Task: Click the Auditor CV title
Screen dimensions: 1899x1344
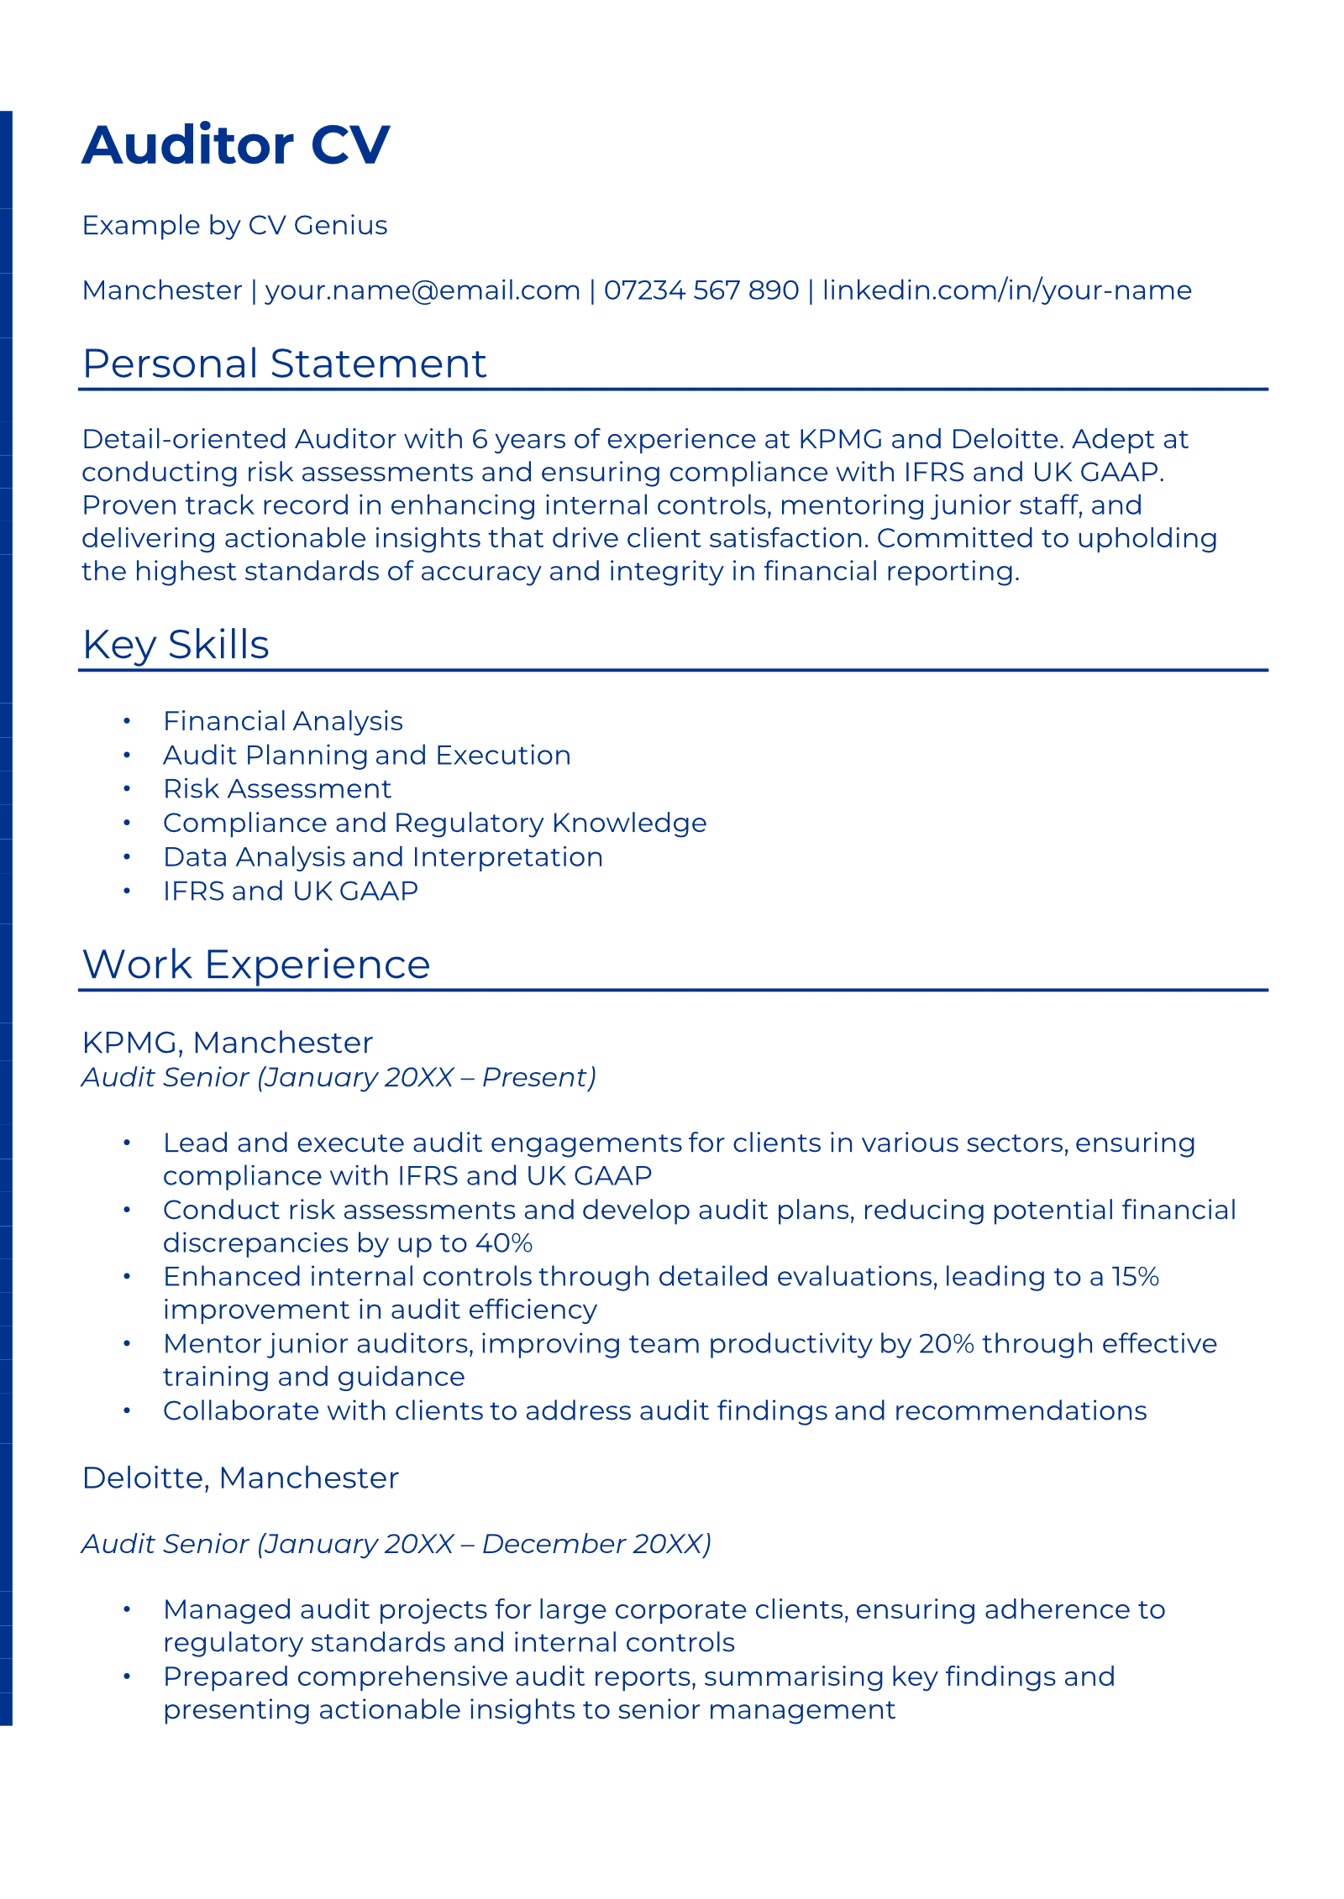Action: click(x=235, y=145)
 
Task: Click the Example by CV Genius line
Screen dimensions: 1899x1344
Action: click(x=234, y=226)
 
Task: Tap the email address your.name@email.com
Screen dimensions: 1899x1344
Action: click(x=423, y=290)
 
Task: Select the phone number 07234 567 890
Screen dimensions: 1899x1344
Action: click(x=701, y=290)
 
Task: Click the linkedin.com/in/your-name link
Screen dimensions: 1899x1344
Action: click(x=1006, y=290)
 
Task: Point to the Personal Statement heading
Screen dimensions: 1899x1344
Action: click(x=284, y=364)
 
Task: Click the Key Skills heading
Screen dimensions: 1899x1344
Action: click(x=176, y=645)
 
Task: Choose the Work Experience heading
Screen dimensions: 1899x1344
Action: click(x=256, y=965)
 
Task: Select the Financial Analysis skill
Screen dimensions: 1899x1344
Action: click(x=283, y=721)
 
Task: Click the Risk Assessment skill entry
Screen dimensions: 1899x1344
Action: click(x=277, y=789)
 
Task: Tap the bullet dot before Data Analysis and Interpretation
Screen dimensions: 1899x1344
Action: click(x=127, y=857)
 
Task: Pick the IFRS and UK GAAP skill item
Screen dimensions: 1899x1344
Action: click(x=291, y=892)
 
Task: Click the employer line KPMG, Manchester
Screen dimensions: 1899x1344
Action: click(x=228, y=1043)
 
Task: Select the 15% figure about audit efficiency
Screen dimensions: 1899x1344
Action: click(x=1135, y=1277)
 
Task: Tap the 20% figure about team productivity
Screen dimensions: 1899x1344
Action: click(x=947, y=1344)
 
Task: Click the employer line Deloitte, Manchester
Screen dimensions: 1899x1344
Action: click(x=240, y=1478)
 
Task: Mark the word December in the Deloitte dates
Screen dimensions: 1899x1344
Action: click(x=554, y=1544)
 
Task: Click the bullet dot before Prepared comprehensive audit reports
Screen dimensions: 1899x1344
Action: click(x=127, y=1677)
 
